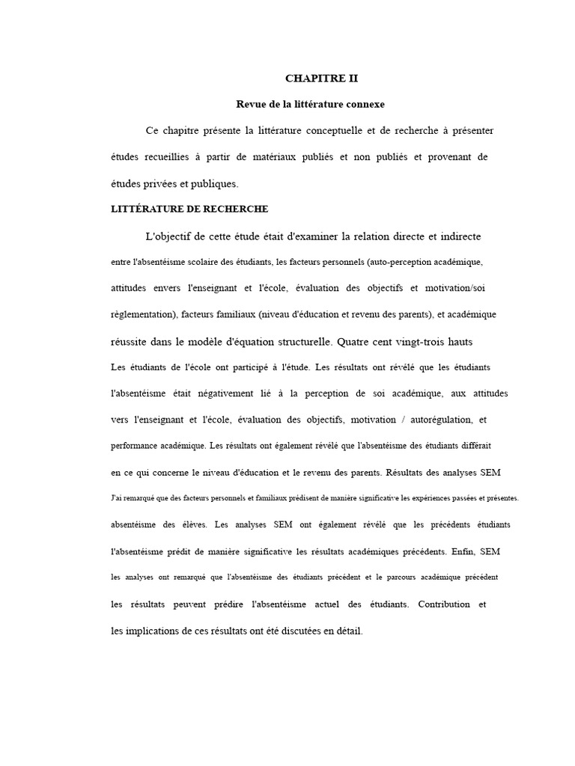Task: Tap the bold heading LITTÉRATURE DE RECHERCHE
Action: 189,209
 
